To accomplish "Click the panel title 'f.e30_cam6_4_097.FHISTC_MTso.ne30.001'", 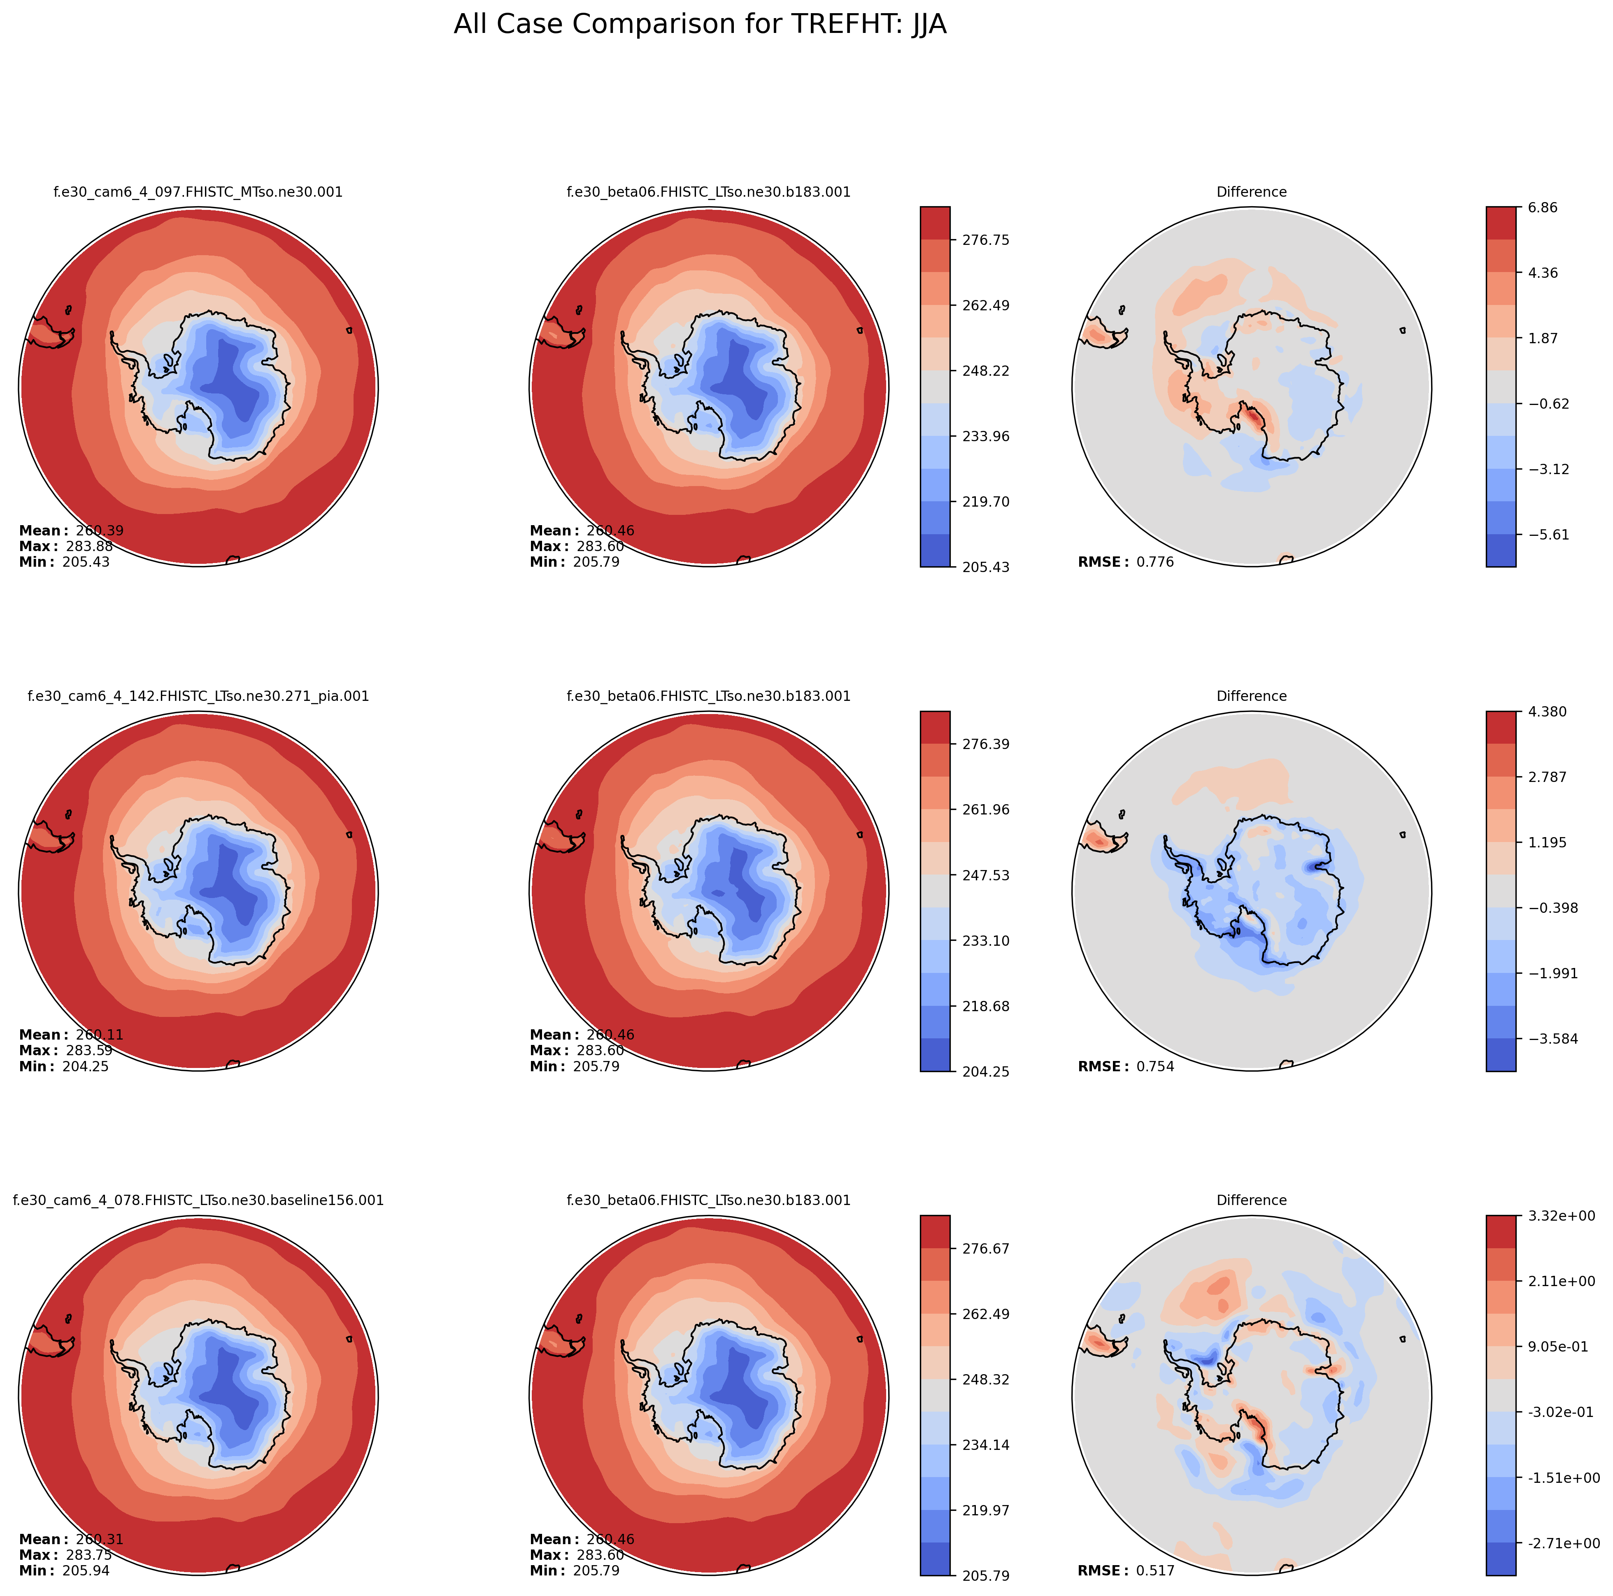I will point(198,192).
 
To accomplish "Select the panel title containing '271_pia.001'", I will point(198,696).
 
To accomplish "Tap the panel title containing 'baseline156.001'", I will point(198,1200).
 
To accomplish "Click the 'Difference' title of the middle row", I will point(1252,696).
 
